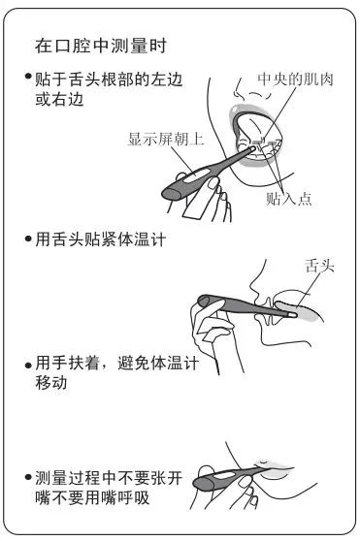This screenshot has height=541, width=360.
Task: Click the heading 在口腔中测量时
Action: tap(101, 46)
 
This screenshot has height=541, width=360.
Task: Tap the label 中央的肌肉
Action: tap(295, 79)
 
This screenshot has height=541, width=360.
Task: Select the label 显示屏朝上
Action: tap(165, 139)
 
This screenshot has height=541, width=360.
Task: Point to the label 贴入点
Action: tap(288, 199)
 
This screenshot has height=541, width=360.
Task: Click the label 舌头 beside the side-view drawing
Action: tap(319, 266)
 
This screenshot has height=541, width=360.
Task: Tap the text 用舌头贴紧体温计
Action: tap(101, 239)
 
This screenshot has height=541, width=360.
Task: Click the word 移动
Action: tap(50, 382)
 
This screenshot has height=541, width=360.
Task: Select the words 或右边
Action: tap(59, 99)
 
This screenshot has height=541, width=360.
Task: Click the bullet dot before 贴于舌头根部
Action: tap(28, 76)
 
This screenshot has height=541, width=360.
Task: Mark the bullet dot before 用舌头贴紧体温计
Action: tap(28, 239)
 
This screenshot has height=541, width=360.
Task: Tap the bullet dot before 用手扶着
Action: tap(28, 366)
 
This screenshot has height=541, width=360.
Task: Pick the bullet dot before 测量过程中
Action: tap(28, 478)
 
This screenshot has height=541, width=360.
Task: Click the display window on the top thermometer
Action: tap(196, 175)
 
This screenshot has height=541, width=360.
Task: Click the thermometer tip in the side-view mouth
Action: tap(292, 315)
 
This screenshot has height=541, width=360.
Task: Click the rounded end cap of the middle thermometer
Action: tap(204, 301)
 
